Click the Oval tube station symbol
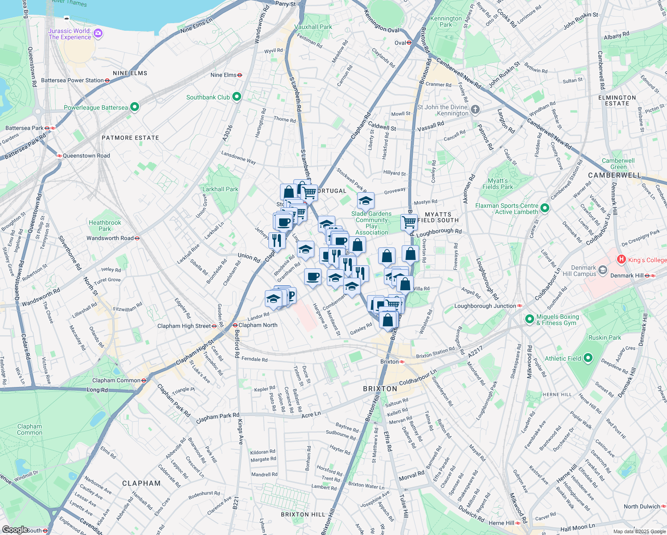pyautogui.click(x=409, y=43)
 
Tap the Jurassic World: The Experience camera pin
pyautogui.click(x=98, y=33)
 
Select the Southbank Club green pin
pyautogui.click(x=237, y=96)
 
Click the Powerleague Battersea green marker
pyautogui.click(x=135, y=107)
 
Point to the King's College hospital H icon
pyautogui.click(x=621, y=259)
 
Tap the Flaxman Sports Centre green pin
pyautogui.click(x=544, y=208)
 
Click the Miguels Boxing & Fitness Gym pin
pyautogui.click(x=529, y=319)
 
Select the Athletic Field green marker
pyautogui.click(x=588, y=358)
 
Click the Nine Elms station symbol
pyautogui.click(x=239, y=75)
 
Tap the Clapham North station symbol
pyautogui.click(x=235, y=325)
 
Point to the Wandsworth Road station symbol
pyautogui.click(x=137, y=238)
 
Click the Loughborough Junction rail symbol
pyautogui.click(x=519, y=306)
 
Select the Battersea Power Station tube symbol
pyautogui.click(x=107, y=81)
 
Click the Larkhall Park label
pyautogui.click(x=220, y=189)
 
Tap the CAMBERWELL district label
pyautogui.click(x=614, y=175)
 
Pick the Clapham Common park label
pyautogui.click(x=29, y=429)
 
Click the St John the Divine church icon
pyautogui.click(x=476, y=109)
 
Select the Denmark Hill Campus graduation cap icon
pyautogui.click(x=603, y=270)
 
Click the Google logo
pyautogui.click(x=15, y=530)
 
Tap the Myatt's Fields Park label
pyautogui.click(x=498, y=184)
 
